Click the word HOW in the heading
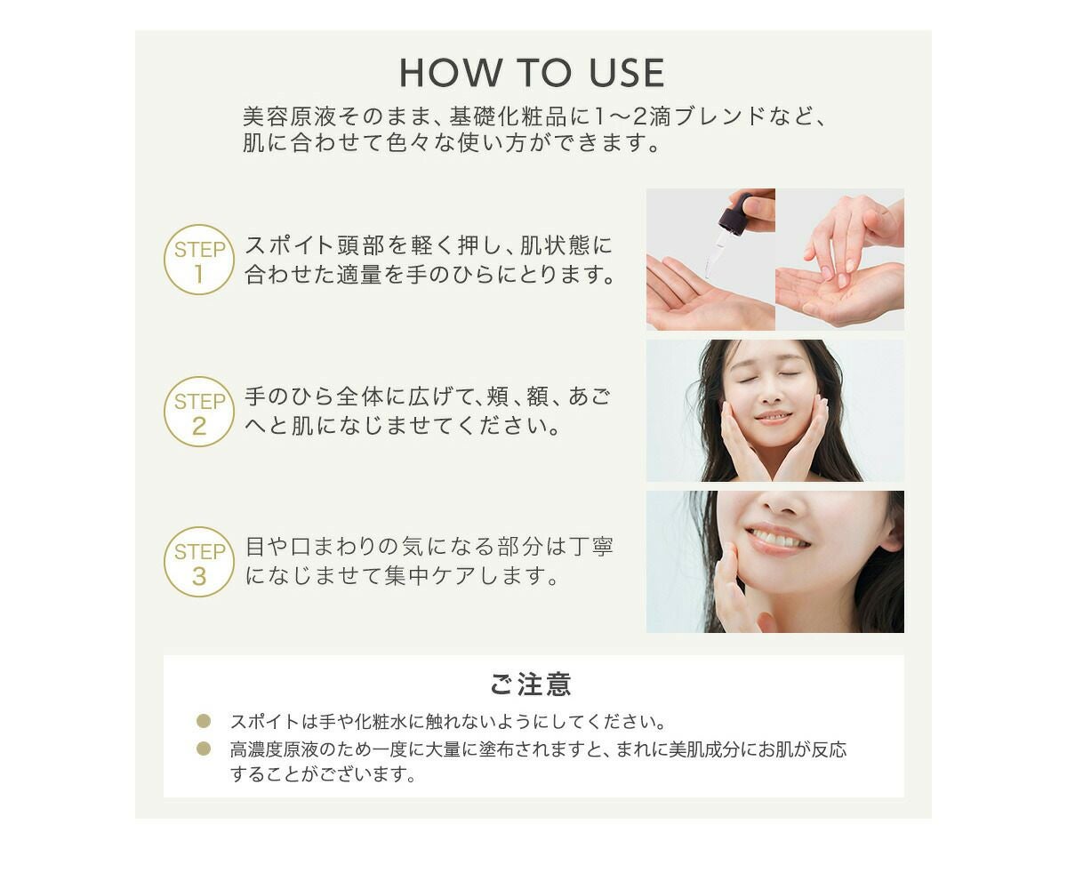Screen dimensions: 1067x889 [450, 73]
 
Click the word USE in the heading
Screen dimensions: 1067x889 [627, 73]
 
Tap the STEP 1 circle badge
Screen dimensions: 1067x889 [199, 260]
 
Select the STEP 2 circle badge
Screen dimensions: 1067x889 [199, 412]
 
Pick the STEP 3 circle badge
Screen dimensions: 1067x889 [199, 562]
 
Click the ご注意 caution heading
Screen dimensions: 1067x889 [531, 685]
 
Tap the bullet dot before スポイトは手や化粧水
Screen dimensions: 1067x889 [204, 721]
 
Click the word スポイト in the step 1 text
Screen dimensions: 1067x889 [289, 245]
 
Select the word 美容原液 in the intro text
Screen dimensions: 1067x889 [290, 117]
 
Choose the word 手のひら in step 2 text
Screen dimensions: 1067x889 [290, 397]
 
